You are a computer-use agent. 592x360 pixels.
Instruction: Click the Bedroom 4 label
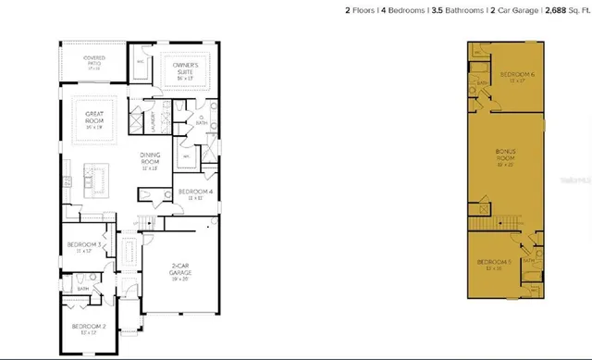[195, 194]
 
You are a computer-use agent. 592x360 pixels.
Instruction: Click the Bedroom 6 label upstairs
[513, 75]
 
